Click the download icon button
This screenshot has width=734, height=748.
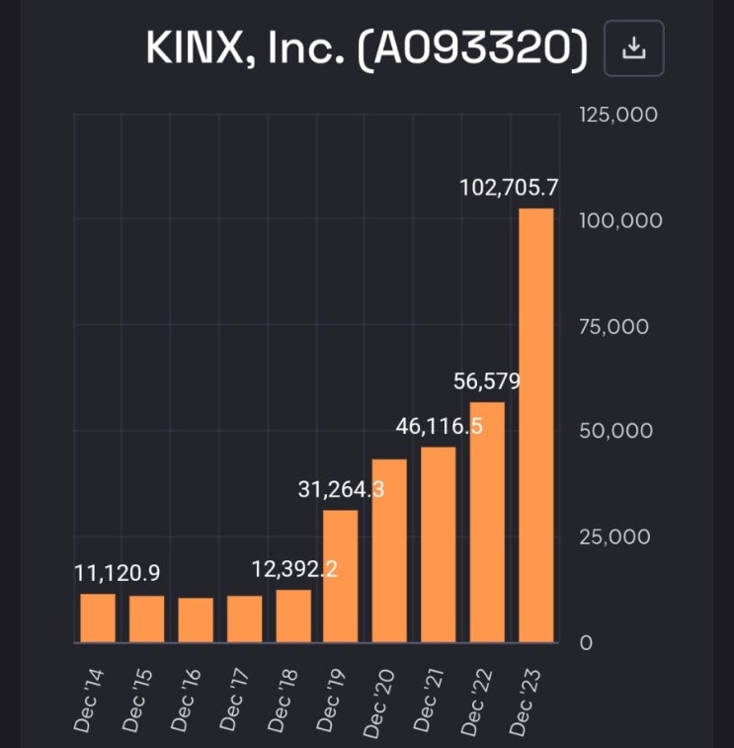click(x=634, y=47)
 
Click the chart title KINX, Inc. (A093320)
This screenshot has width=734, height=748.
click(x=366, y=47)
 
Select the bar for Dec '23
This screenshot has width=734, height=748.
click(x=536, y=425)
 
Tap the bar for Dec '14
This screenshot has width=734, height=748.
click(x=98, y=618)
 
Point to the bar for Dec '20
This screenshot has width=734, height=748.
click(x=389, y=550)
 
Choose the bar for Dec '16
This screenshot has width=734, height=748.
click(x=196, y=621)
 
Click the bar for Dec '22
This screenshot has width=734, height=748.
click(x=487, y=522)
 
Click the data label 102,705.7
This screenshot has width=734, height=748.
click(x=510, y=188)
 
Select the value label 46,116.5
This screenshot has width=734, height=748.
click(x=439, y=427)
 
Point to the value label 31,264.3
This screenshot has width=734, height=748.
click(x=341, y=489)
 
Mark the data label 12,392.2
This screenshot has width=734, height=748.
click(x=292, y=570)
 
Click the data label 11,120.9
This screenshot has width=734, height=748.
click(x=118, y=573)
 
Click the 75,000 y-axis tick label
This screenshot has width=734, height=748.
click(x=614, y=326)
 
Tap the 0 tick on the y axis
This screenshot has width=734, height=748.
click(x=586, y=643)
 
